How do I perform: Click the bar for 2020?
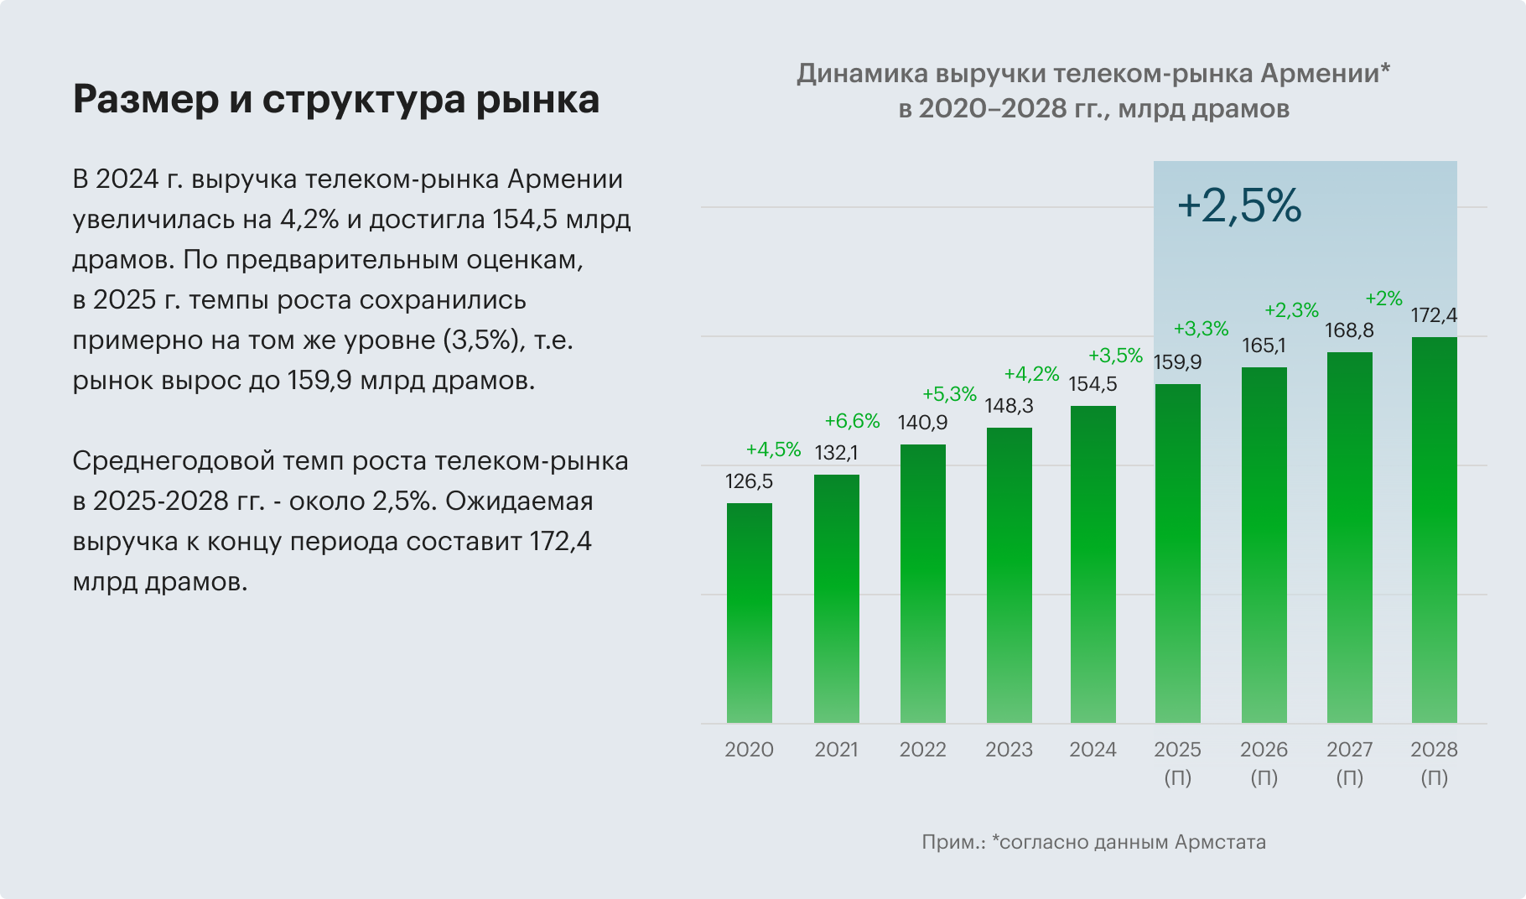(750, 613)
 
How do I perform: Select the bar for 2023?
(1010, 575)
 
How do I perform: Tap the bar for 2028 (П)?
(1435, 530)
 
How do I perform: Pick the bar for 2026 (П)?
(1264, 545)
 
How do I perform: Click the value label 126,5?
(750, 481)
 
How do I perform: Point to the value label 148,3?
(1009, 406)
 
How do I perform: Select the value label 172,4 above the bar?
(1434, 315)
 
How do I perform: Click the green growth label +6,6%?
(852, 421)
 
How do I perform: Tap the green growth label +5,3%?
(949, 394)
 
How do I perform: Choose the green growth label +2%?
(1383, 298)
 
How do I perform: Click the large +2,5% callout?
(1239, 205)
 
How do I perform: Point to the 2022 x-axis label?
(922, 750)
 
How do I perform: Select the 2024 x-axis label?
(1093, 750)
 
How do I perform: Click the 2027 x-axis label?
(1349, 750)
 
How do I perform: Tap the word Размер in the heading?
(144, 100)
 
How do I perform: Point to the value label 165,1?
(1264, 346)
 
